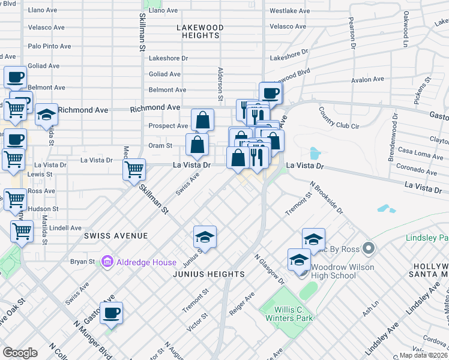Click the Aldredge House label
pos(146,262)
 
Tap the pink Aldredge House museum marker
pos(107,262)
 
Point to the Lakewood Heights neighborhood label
pos(200,32)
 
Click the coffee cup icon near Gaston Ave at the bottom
pos(112,313)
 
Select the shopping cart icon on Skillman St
pos(134,169)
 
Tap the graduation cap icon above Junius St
pos(205,237)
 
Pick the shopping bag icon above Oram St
pos(203,119)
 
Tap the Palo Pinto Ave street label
pos(50,46)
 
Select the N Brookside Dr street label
pos(326,198)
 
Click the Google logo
pos(20,353)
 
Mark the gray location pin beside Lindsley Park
pos(369,248)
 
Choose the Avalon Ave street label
pos(367,79)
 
